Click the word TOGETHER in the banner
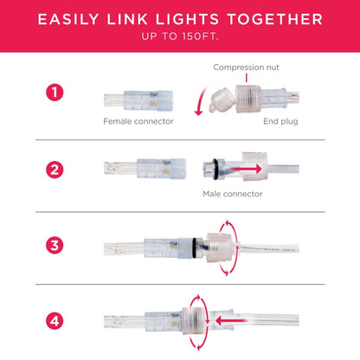pyautogui.click(x=275, y=19)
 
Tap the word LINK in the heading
pyautogui.click(x=128, y=19)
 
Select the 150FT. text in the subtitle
pyautogui.click(x=200, y=36)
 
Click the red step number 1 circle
pyautogui.click(x=55, y=93)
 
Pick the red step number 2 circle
pyautogui.click(x=55, y=170)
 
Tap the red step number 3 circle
pyautogui.click(x=55, y=246)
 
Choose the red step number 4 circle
pyautogui.click(x=55, y=321)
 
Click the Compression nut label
pyautogui.click(x=246, y=67)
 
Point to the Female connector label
pyautogui.click(x=138, y=121)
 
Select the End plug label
pyautogui.click(x=280, y=121)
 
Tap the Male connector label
pyautogui.click(x=233, y=194)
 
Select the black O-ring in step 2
pyautogui.click(x=215, y=169)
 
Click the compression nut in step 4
pyautogui.click(x=195, y=321)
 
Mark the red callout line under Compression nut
pyautogui.click(x=247, y=78)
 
